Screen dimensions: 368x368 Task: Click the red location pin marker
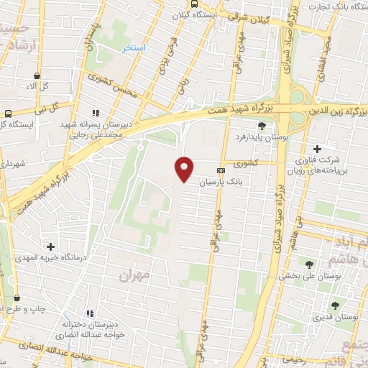coord(185,169)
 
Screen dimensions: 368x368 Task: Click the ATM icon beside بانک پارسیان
coord(221,171)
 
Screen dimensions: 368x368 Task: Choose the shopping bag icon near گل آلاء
coord(36,75)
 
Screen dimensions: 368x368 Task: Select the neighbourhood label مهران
coord(136,275)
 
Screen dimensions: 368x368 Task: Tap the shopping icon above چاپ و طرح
coord(17,297)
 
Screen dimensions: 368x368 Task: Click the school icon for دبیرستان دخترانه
coord(90,314)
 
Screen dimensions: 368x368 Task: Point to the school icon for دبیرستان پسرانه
coord(96,113)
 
